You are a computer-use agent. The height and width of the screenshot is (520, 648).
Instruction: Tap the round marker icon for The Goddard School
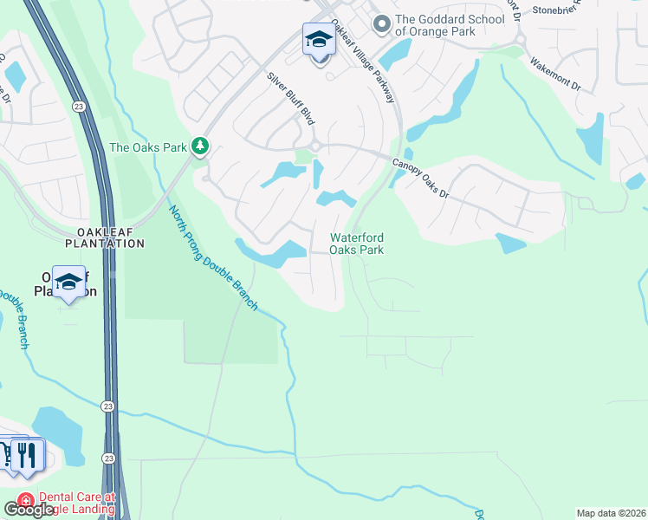pos(379,23)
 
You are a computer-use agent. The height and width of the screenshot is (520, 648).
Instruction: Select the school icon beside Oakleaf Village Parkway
pos(319,40)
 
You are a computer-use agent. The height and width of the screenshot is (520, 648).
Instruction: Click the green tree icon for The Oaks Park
pos(201,146)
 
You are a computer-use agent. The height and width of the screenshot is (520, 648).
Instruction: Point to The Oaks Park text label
pos(148,147)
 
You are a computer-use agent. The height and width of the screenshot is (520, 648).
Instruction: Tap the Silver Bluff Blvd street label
pos(289,99)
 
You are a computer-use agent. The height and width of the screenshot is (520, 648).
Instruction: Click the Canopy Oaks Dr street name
pos(421,178)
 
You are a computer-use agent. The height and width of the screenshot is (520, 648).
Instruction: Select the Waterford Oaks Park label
pos(356,244)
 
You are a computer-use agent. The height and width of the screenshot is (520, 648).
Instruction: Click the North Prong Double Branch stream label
pos(213,257)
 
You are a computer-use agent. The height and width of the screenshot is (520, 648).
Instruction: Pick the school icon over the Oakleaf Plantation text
pos(68,283)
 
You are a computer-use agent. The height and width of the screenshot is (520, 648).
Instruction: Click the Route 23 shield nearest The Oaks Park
pos(79,106)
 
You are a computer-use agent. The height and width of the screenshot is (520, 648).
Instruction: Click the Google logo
pos(29,510)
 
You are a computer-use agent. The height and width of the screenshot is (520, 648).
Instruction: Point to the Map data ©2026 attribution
pos(611,513)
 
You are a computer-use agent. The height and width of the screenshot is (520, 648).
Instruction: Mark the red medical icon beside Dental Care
pos(25,501)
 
